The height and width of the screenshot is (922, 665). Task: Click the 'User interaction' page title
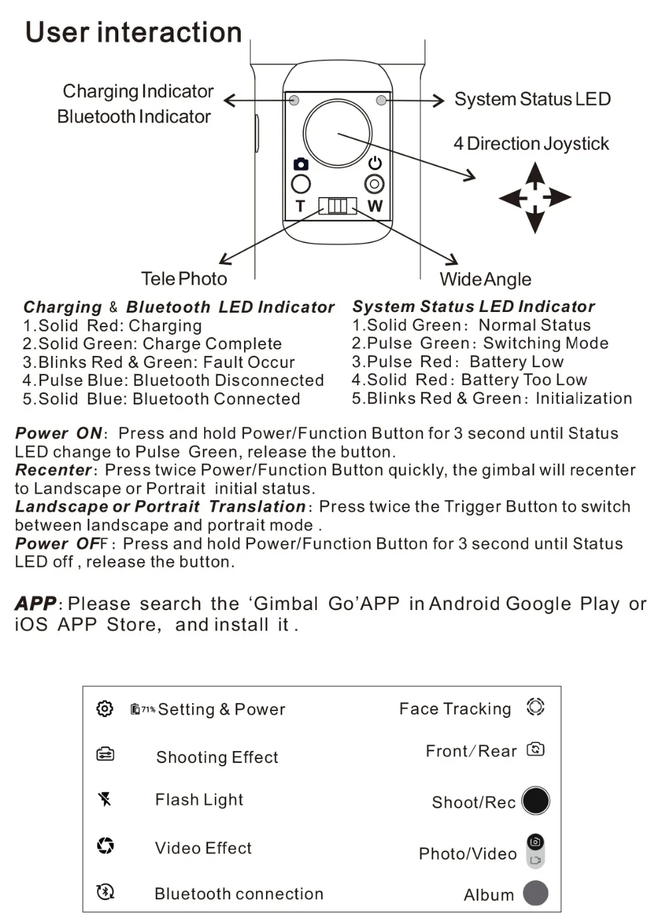133,33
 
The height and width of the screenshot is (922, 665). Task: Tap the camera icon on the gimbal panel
301,164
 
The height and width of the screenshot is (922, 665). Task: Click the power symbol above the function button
375,163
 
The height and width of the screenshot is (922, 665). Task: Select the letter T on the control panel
300,206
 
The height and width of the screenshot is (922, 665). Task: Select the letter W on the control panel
375,206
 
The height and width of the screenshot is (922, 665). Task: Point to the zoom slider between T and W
337,206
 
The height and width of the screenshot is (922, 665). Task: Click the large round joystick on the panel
337,133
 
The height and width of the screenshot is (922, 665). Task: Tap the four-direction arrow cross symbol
535,198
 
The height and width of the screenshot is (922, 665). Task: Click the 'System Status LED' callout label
532,99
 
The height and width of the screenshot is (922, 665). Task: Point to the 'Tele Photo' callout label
184,279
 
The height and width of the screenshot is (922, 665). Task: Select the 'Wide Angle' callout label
485,279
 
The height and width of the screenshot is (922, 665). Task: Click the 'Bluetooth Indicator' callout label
134,116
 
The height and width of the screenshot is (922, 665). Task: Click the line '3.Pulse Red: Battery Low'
458,362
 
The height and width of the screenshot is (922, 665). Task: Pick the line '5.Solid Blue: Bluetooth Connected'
161,399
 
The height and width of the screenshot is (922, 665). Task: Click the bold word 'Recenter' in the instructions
53,470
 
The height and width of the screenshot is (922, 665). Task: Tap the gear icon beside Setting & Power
104,708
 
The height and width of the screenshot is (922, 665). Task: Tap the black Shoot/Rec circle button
535,800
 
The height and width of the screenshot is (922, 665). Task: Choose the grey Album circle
535,893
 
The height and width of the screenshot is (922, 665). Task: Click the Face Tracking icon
535,706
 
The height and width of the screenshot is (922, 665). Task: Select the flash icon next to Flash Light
104,799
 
